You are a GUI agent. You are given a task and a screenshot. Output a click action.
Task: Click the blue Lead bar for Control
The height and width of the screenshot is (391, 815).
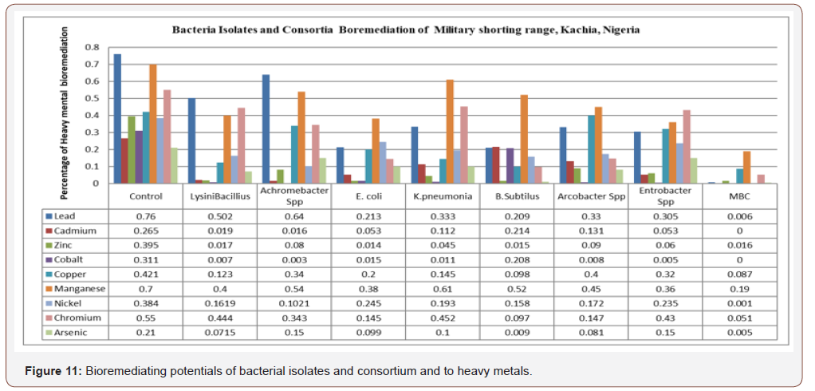pyautogui.click(x=117, y=119)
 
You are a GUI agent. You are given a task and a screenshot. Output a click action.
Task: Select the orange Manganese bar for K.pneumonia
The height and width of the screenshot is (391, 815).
pyautogui.click(x=450, y=132)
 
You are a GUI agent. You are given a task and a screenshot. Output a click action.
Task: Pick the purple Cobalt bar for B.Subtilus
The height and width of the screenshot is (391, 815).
pyautogui.click(x=510, y=166)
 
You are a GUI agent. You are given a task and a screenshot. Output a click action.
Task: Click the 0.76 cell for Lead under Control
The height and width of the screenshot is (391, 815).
pyautogui.click(x=145, y=215)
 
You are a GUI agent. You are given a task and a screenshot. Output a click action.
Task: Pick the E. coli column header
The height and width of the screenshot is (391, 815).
pyautogui.click(x=370, y=196)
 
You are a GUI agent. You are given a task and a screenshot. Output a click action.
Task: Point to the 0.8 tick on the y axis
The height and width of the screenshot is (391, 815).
pyautogui.click(x=98, y=47)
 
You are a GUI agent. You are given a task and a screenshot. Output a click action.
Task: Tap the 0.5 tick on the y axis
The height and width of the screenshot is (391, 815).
pyautogui.click(x=98, y=98)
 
